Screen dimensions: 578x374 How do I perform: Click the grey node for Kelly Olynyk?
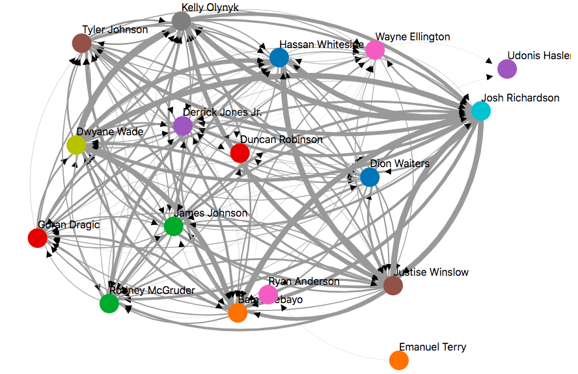(x=181, y=21)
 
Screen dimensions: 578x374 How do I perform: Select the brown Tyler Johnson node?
(x=81, y=44)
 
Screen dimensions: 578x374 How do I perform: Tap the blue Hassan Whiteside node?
(x=279, y=58)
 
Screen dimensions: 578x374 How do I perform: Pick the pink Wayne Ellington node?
(x=375, y=49)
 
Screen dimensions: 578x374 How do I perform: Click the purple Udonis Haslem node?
(x=507, y=68)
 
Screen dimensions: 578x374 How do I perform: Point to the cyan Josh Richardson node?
(x=480, y=111)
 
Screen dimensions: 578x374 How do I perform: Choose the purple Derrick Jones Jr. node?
(x=183, y=126)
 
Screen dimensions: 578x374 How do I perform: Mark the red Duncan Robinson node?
(x=240, y=153)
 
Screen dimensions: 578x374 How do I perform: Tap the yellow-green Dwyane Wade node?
(x=76, y=145)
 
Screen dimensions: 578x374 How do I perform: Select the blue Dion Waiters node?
(x=370, y=177)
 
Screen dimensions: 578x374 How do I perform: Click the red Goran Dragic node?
(x=37, y=238)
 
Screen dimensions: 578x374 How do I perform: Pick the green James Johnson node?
(x=173, y=226)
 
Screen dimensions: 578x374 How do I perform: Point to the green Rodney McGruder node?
(x=109, y=303)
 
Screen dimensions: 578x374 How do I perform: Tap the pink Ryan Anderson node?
(x=268, y=294)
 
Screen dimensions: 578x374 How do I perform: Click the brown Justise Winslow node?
(x=393, y=286)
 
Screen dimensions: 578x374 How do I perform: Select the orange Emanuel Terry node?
(x=398, y=360)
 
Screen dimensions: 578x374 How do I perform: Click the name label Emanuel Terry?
(x=432, y=347)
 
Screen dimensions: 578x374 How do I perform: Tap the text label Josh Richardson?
(x=520, y=98)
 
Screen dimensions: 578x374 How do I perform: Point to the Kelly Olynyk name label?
(x=210, y=8)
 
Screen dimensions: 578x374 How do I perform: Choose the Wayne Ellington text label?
(x=413, y=37)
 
